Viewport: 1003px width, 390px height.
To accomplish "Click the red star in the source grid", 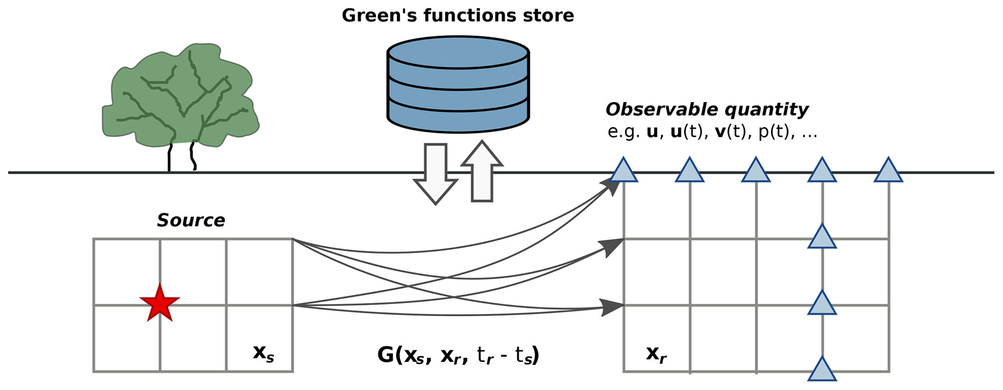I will click(x=160, y=303).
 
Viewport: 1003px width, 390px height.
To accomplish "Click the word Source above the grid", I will click(x=191, y=220).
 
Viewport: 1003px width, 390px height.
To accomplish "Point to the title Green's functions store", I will click(x=458, y=16).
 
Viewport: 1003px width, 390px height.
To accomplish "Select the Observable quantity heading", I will click(x=707, y=110).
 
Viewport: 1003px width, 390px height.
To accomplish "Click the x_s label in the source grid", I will click(x=263, y=353).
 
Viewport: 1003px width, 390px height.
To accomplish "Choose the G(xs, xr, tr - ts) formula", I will click(x=458, y=356).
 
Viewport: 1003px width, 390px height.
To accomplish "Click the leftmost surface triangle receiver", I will click(x=624, y=171).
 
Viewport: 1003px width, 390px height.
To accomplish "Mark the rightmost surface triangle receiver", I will click(x=888, y=171).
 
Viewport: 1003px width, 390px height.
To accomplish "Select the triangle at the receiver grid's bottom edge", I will click(x=822, y=370).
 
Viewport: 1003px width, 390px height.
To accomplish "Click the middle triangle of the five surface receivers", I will click(x=756, y=171).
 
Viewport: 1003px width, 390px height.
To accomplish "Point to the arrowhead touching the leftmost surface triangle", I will click(x=610, y=186).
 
